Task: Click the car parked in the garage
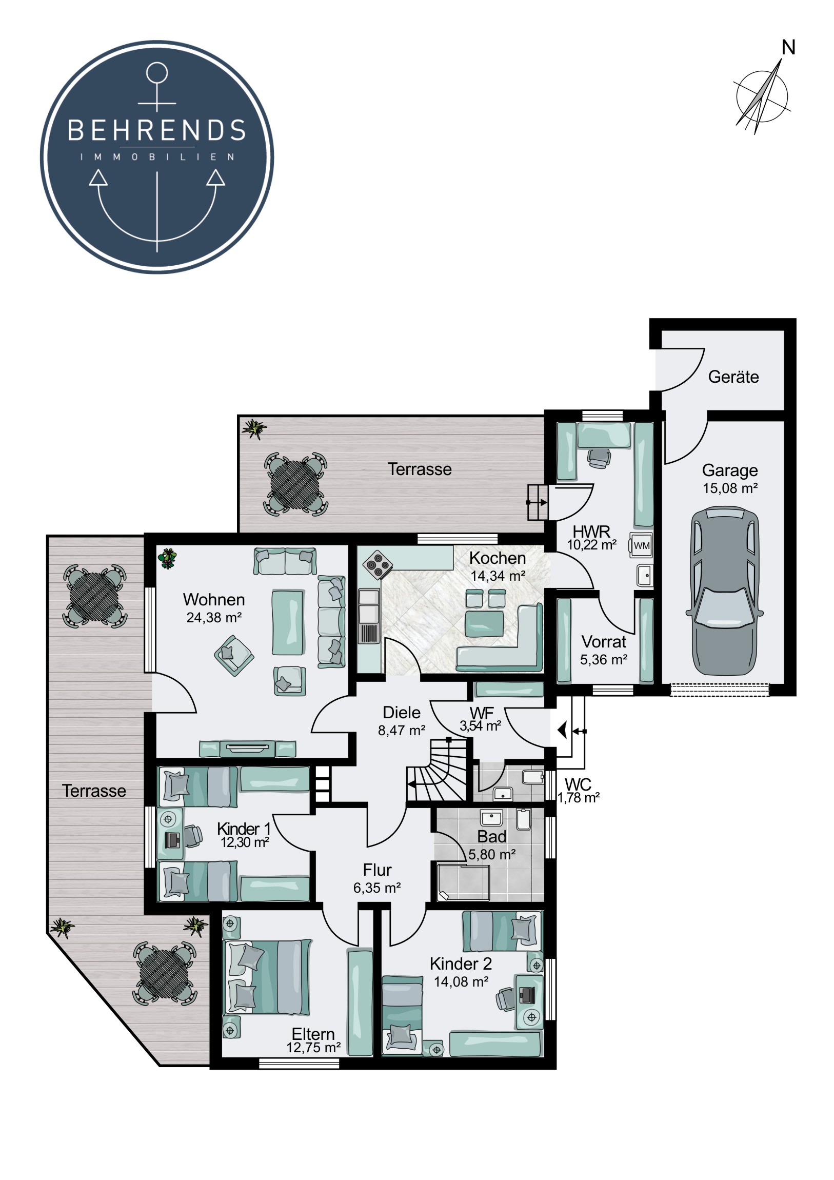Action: point(724,591)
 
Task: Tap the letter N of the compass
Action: point(788,48)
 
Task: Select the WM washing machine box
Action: point(641,546)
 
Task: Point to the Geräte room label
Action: point(733,377)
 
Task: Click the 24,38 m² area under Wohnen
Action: point(214,617)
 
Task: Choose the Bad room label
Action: point(491,837)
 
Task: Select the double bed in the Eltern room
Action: point(268,977)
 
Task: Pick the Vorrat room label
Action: point(604,641)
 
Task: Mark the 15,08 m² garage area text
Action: point(730,488)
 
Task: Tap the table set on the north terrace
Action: point(295,484)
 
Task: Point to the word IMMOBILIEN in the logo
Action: point(157,157)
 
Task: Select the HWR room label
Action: point(591,531)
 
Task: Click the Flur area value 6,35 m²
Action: point(376,888)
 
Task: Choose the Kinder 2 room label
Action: point(461,963)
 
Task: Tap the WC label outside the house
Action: point(578,784)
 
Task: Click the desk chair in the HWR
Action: point(598,458)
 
